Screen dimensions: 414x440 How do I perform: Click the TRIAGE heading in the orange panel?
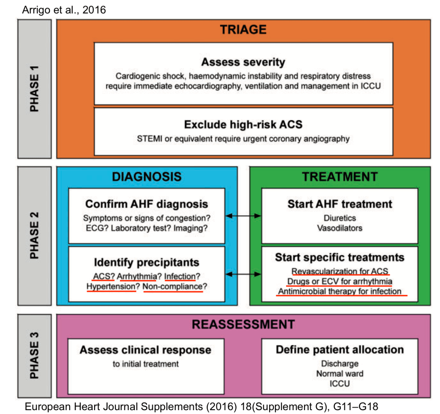click(243, 30)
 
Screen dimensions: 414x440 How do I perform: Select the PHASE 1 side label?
click(36, 89)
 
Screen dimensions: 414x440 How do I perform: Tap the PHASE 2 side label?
click(36, 235)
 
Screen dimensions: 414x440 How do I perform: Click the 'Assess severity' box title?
click(243, 62)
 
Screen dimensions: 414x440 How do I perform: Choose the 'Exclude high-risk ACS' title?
click(243, 125)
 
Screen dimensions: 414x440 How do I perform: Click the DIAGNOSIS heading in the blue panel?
click(147, 176)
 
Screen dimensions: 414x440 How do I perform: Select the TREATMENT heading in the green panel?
click(339, 176)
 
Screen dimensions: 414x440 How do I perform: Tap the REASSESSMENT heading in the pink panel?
click(243, 324)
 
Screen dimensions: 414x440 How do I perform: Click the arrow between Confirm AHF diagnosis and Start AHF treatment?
click(243, 216)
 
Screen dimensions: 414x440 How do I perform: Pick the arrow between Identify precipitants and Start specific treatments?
click(243, 273)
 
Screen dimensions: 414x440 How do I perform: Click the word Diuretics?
click(340, 218)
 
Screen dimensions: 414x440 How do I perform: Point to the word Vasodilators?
click(340, 228)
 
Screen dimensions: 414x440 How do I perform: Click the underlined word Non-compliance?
click(172, 286)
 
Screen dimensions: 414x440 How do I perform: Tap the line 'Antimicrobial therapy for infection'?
click(340, 291)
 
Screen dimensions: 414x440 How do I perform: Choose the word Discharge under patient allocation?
click(340, 364)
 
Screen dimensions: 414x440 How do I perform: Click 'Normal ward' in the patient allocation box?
click(340, 374)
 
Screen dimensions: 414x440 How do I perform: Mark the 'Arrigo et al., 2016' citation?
click(64, 9)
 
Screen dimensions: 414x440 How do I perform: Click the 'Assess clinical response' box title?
click(145, 350)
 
